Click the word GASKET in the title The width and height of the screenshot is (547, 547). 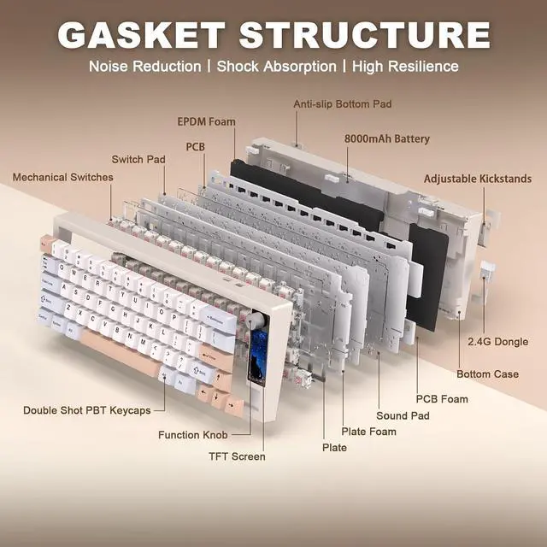[x=141, y=35]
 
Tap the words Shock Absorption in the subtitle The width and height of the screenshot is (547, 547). [x=277, y=67]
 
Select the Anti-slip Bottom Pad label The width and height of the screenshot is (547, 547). [x=342, y=104]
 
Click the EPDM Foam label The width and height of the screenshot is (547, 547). [x=207, y=121]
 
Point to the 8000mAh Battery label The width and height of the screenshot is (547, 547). [x=387, y=138]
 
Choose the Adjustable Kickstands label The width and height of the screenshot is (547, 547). [x=478, y=179]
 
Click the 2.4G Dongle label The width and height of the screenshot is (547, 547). [x=497, y=342]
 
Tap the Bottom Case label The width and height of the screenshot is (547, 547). [x=487, y=374]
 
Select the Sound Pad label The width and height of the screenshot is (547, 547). [x=403, y=416]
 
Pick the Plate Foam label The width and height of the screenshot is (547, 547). [x=368, y=432]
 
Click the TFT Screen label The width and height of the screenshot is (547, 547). [x=237, y=456]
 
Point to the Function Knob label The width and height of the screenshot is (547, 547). [x=193, y=435]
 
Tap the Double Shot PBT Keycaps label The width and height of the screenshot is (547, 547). [x=87, y=410]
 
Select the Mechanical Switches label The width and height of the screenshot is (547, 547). [x=62, y=177]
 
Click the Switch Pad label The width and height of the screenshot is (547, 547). [x=138, y=160]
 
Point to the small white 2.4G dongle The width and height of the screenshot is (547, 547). [x=487, y=269]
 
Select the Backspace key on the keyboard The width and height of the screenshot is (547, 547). [x=218, y=320]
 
